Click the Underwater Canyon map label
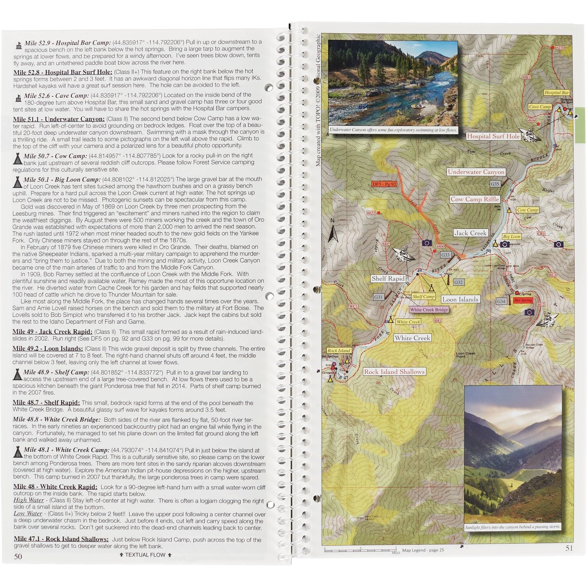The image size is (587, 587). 476,172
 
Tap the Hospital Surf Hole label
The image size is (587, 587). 493,136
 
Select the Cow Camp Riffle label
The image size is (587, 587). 475,199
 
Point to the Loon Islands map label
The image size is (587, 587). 460,300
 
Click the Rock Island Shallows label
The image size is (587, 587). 394,372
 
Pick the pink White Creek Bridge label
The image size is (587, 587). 429,310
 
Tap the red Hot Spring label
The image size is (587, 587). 523,300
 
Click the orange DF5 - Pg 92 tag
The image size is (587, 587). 384,184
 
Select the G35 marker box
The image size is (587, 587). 495,184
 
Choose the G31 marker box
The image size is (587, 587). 378,297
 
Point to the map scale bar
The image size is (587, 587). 360,549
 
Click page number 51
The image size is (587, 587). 569,548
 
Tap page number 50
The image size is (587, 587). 18,556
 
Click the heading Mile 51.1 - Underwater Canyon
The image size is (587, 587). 59,119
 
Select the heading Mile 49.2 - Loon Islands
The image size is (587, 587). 48,349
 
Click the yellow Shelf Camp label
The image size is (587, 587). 423,297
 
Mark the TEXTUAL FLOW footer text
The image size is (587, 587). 145,555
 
